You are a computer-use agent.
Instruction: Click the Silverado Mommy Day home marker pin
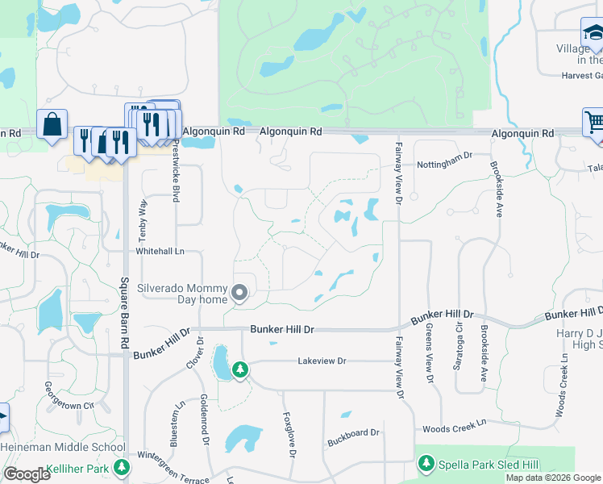click(x=239, y=294)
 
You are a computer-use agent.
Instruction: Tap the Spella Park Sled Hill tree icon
click(x=426, y=464)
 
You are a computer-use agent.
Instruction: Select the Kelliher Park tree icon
click(x=121, y=467)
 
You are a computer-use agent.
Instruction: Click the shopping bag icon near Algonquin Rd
click(x=52, y=125)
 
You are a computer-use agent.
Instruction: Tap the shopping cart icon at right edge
click(x=594, y=123)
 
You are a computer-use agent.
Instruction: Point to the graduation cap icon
click(x=593, y=33)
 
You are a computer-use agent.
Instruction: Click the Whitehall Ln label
click(x=160, y=252)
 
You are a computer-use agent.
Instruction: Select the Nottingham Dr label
click(x=444, y=165)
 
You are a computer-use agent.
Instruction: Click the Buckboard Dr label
click(x=352, y=434)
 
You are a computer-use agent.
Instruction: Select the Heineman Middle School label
click(x=63, y=447)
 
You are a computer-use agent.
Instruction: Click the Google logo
click(x=27, y=474)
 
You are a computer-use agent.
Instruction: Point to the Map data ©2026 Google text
click(x=553, y=478)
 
